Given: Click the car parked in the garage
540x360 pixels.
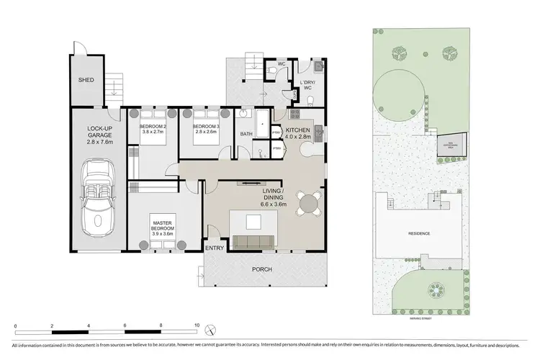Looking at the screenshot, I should (x=98, y=194).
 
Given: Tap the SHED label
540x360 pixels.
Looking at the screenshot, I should (x=86, y=80).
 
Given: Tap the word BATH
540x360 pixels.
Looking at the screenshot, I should (x=246, y=134).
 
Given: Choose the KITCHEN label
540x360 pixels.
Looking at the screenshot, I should (x=299, y=131).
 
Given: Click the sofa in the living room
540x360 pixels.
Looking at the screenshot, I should (x=252, y=241).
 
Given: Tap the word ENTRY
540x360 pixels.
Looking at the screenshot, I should (x=215, y=248).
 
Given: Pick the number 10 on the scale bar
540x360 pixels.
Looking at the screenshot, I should (x=197, y=325).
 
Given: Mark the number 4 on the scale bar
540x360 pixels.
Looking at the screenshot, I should (x=89, y=325).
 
